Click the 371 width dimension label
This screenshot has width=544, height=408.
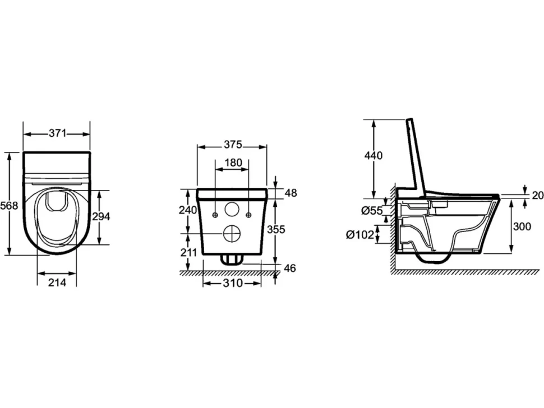pos(57,133)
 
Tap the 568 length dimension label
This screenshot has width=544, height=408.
pos(8,206)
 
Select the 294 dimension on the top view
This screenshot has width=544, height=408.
pos(101,216)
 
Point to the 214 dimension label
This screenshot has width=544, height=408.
pos(57,282)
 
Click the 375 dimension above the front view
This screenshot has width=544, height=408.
pos(233,145)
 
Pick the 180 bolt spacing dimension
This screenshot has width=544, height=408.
pos(233,163)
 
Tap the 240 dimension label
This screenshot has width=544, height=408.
pos(188,210)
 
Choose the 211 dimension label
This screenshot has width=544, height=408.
pos(188,252)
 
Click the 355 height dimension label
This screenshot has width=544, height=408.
pos(276,229)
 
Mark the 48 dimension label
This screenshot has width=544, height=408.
pos(291,193)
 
